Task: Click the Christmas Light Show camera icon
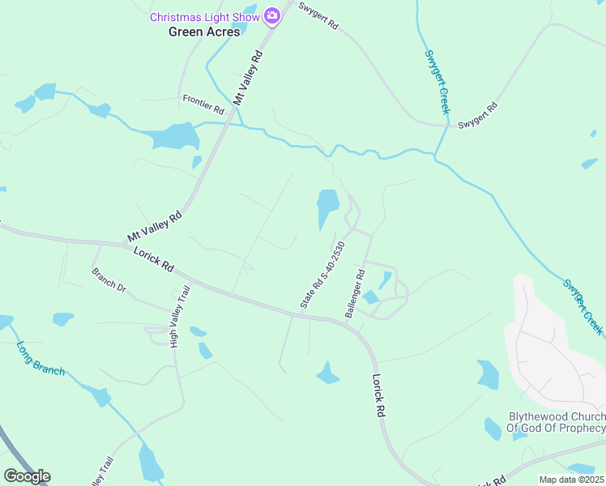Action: click(x=271, y=15)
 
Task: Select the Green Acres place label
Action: click(x=204, y=32)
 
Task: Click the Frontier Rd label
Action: click(x=203, y=104)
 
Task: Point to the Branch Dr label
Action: click(x=109, y=281)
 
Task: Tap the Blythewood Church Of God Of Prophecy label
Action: click(x=556, y=422)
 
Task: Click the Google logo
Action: click(x=27, y=476)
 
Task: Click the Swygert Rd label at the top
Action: click(x=318, y=16)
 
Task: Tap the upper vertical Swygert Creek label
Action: click(x=437, y=82)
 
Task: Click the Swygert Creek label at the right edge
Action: click(x=583, y=307)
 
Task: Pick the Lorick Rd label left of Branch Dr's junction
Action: click(x=154, y=260)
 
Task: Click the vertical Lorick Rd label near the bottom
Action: click(x=378, y=394)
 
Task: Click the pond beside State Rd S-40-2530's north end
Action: click(x=326, y=207)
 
